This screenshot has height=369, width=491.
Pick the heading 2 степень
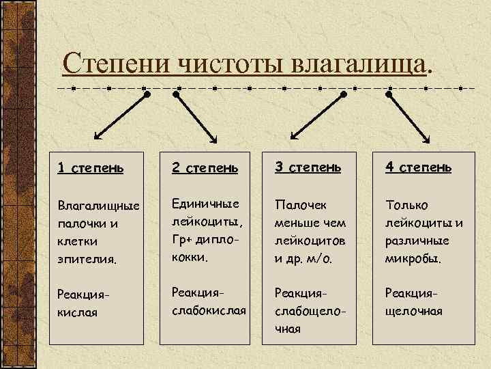tap(205, 168)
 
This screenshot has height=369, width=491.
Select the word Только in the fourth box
tap(407, 204)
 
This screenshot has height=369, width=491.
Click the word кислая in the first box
tap(77, 312)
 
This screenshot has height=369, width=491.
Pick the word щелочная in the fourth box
tap(414, 312)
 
